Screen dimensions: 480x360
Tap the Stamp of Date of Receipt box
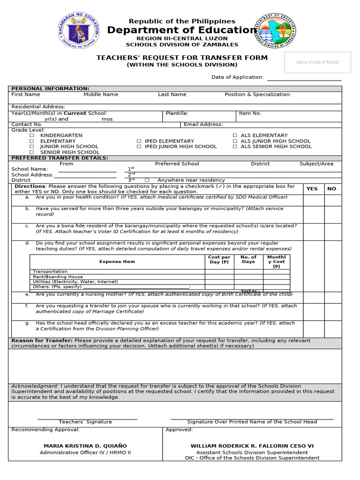click(x=317, y=62)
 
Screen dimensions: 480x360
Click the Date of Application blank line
click(x=304, y=77)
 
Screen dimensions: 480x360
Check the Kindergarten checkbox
click(x=32, y=135)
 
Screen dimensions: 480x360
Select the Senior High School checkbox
click(x=32, y=152)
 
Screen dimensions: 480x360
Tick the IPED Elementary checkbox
click(x=139, y=141)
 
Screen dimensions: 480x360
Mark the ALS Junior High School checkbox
click(x=235, y=141)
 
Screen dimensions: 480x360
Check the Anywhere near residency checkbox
click(x=147, y=180)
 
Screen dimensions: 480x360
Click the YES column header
click(x=312, y=189)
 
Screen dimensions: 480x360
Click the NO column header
click(x=332, y=189)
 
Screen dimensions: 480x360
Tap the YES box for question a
click(x=313, y=200)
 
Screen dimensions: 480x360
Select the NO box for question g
click(x=333, y=328)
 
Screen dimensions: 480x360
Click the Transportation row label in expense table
click(x=50, y=271)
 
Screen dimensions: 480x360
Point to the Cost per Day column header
click(x=219, y=260)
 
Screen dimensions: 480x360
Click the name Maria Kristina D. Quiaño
click(x=85, y=446)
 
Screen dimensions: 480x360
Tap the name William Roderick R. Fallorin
click(x=252, y=446)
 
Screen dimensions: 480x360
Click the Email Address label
click(x=203, y=125)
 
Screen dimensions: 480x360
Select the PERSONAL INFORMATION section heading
click(x=50, y=89)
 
